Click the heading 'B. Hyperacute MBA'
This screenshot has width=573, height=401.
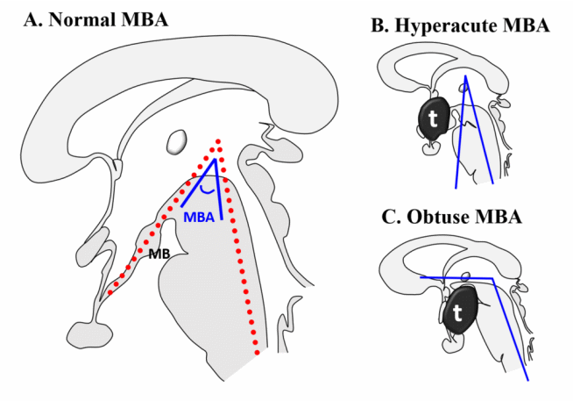(460, 26)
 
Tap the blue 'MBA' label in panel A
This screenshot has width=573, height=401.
(199, 218)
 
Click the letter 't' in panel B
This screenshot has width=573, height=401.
(431, 117)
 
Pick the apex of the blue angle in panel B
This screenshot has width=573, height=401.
(466, 76)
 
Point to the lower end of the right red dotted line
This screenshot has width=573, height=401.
(257, 353)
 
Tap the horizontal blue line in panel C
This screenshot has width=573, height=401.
(456, 278)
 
